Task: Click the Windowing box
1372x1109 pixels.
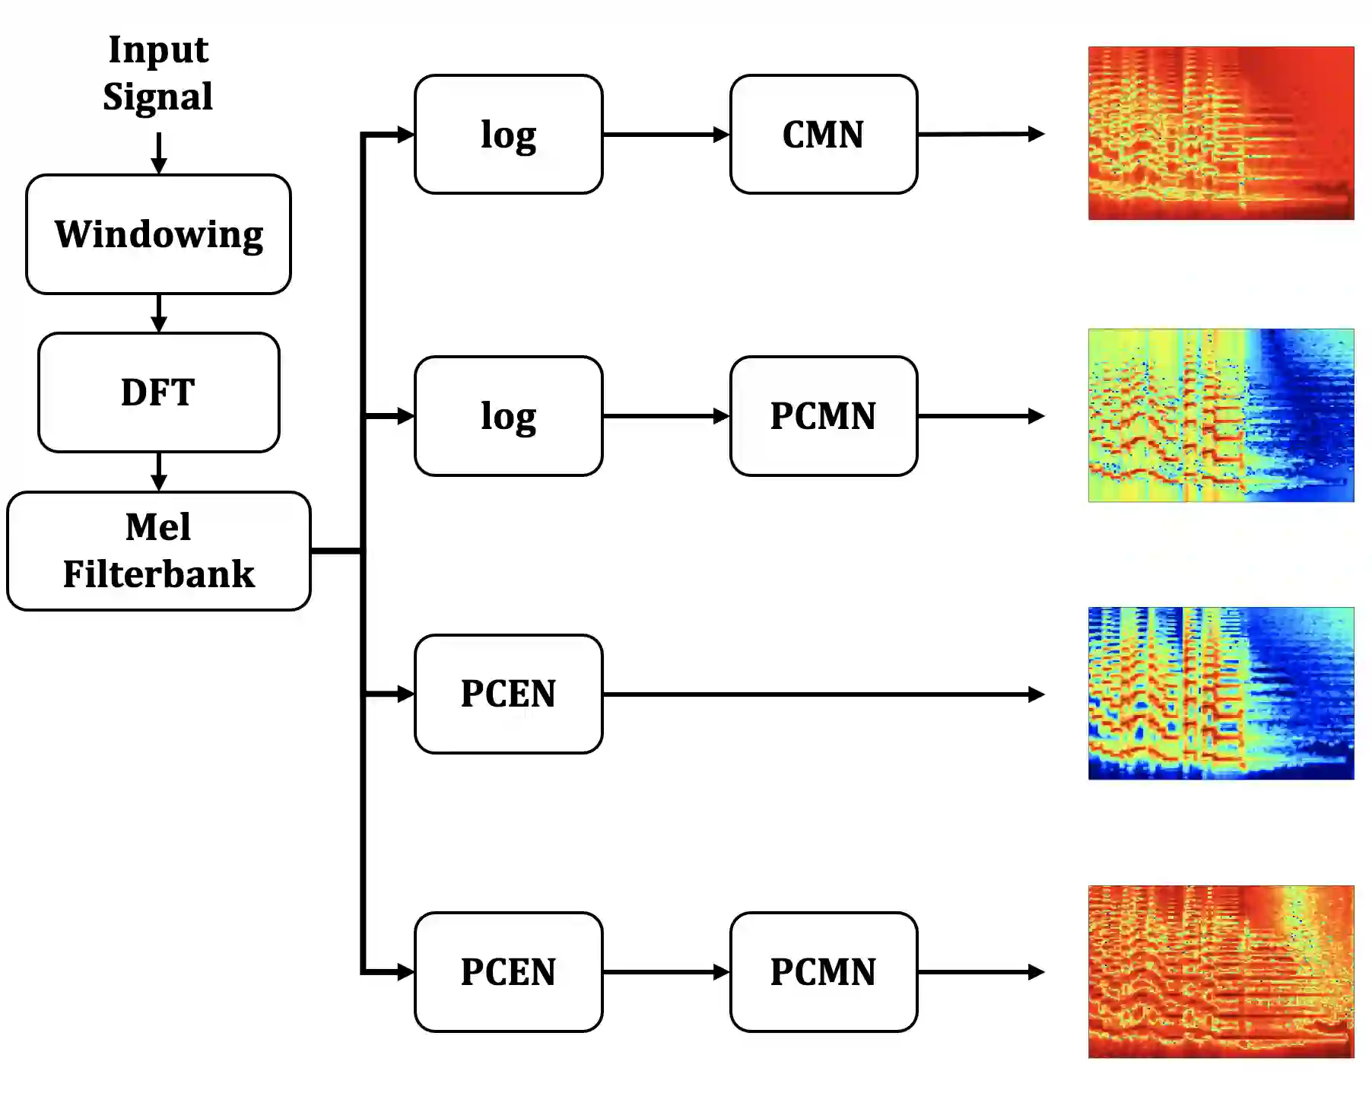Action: point(158,234)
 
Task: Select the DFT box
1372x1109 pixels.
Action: point(158,392)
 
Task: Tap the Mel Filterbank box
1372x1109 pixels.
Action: point(158,551)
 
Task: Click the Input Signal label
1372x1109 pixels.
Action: point(158,73)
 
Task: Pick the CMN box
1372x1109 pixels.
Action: point(823,135)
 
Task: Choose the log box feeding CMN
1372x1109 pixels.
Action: point(508,135)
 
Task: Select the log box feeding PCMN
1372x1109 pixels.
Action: point(508,416)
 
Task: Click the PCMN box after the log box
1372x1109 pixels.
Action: point(823,416)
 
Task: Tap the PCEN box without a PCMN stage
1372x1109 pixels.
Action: point(508,694)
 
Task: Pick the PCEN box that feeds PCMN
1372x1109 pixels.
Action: point(508,972)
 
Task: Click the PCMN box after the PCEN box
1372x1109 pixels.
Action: point(823,972)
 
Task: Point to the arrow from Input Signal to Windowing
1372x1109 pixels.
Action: point(158,153)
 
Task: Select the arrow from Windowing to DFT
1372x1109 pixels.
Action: point(158,313)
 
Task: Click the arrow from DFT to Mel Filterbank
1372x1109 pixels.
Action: point(158,472)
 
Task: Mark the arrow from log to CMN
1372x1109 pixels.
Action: point(665,135)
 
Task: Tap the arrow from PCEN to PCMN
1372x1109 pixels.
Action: point(665,972)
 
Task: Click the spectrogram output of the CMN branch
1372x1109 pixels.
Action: point(1221,133)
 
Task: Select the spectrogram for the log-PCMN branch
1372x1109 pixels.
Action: point(1221,415)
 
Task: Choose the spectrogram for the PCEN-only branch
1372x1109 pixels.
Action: point(1221,693)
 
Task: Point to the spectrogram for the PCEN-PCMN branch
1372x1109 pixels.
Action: point(1221,971)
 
